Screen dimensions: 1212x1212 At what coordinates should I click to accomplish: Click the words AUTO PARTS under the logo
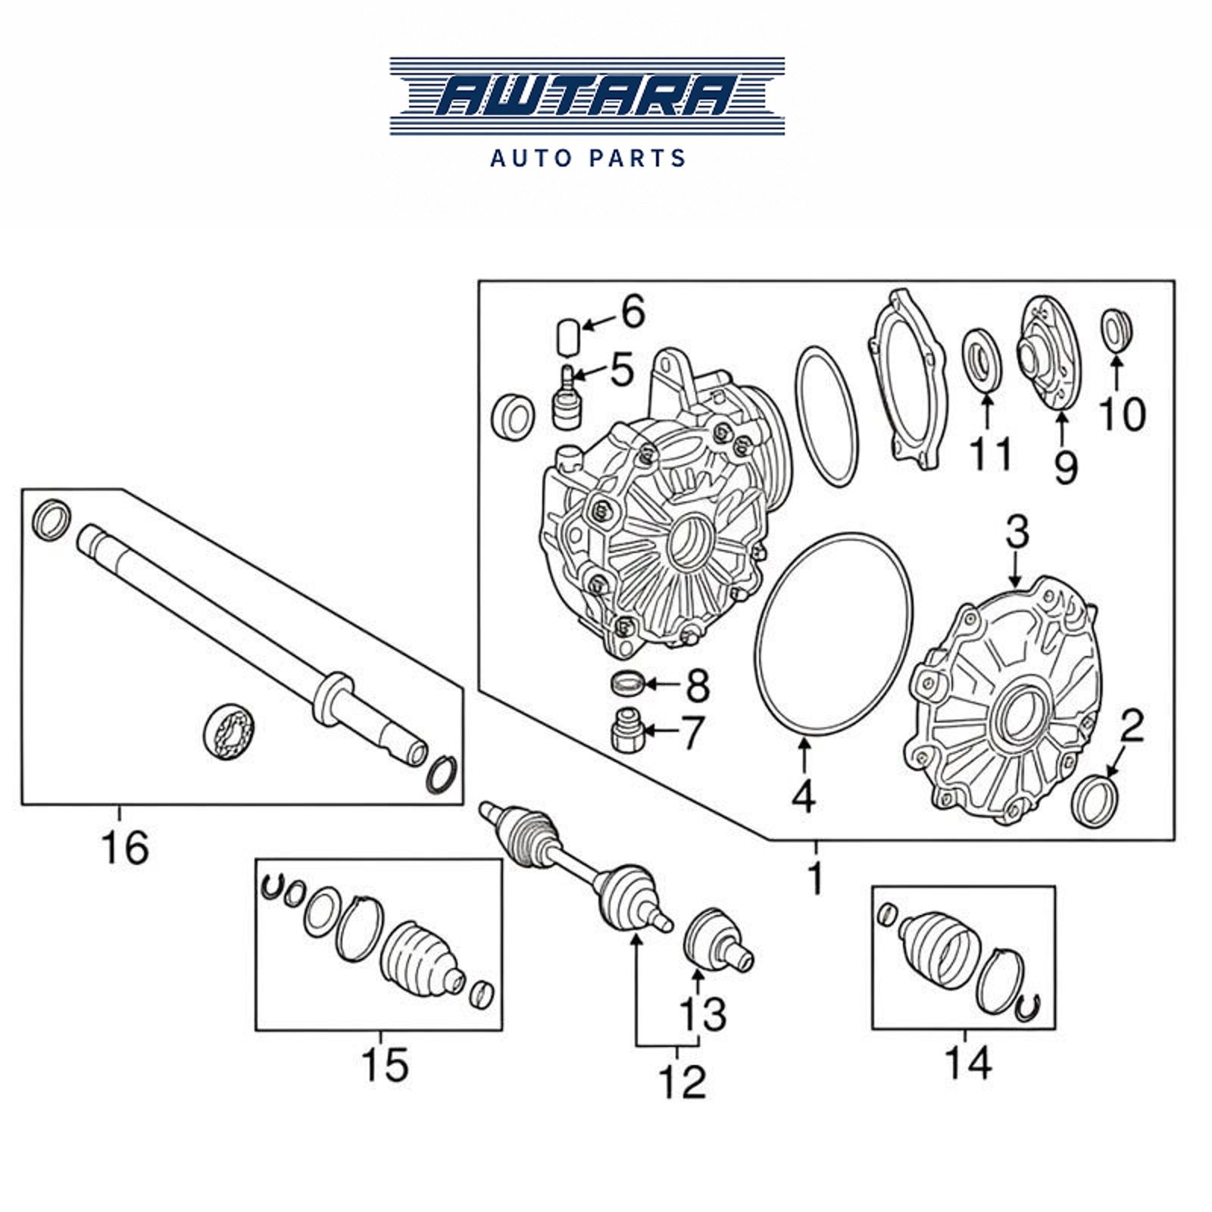[588, 158]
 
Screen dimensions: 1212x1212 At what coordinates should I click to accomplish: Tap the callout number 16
[125, 847]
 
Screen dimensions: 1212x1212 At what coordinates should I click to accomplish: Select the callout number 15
[385, 1064]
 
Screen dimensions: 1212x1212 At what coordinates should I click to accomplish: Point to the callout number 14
[968, 1063]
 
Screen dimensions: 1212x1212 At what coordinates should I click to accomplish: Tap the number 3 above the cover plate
[1017, 533]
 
